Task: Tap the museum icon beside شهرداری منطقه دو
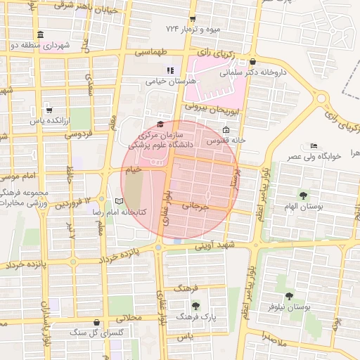[x=40, y=34]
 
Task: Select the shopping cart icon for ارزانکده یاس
[x=49, y=110]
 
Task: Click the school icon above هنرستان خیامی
[x=169, y=70]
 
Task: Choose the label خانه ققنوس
[x=226, y=141]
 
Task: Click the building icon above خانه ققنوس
[x=226, y=130]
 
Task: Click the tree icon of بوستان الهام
[x=303, y=195]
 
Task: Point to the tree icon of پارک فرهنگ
[x=195, y=305]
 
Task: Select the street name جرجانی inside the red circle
[x=196, y=207]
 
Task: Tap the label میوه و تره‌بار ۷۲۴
[x=197, y=29]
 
